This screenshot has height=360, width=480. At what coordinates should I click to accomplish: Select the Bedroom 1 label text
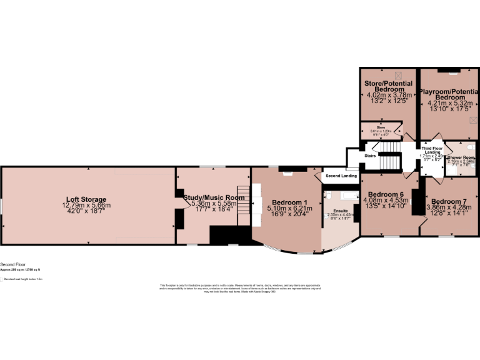pos(287,202)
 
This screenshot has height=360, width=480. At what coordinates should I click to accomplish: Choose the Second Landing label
pos(341,176)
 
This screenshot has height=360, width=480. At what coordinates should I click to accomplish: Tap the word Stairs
pos(370,155)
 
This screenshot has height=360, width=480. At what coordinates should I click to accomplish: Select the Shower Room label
pos(461,157)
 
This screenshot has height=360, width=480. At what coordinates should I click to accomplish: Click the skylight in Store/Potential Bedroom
pos(391,76)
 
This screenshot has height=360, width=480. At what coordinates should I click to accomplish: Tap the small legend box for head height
pos(2,279)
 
